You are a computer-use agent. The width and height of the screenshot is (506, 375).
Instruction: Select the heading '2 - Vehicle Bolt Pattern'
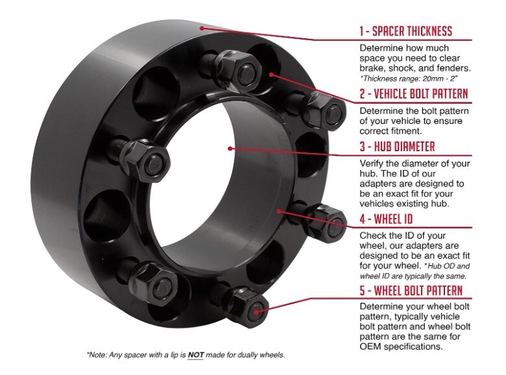[x=413, y=93]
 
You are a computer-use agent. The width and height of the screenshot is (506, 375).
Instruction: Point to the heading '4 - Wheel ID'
[x=385, y=219]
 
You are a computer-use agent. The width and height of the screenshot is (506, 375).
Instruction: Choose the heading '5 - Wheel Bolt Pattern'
[x=411, y=289]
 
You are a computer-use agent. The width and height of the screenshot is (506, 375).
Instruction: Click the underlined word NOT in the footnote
[x=196, y=355]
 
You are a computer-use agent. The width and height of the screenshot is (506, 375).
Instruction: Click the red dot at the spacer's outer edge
[x=204, y=28]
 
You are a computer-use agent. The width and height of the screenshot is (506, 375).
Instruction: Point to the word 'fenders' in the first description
[x=452, y=67]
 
